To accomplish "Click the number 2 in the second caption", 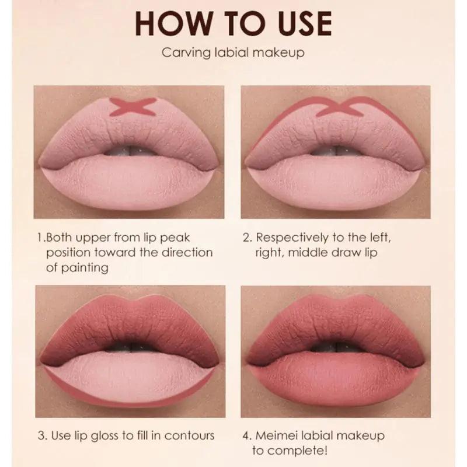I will coord(245,238).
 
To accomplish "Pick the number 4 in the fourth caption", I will coord(245,435).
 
